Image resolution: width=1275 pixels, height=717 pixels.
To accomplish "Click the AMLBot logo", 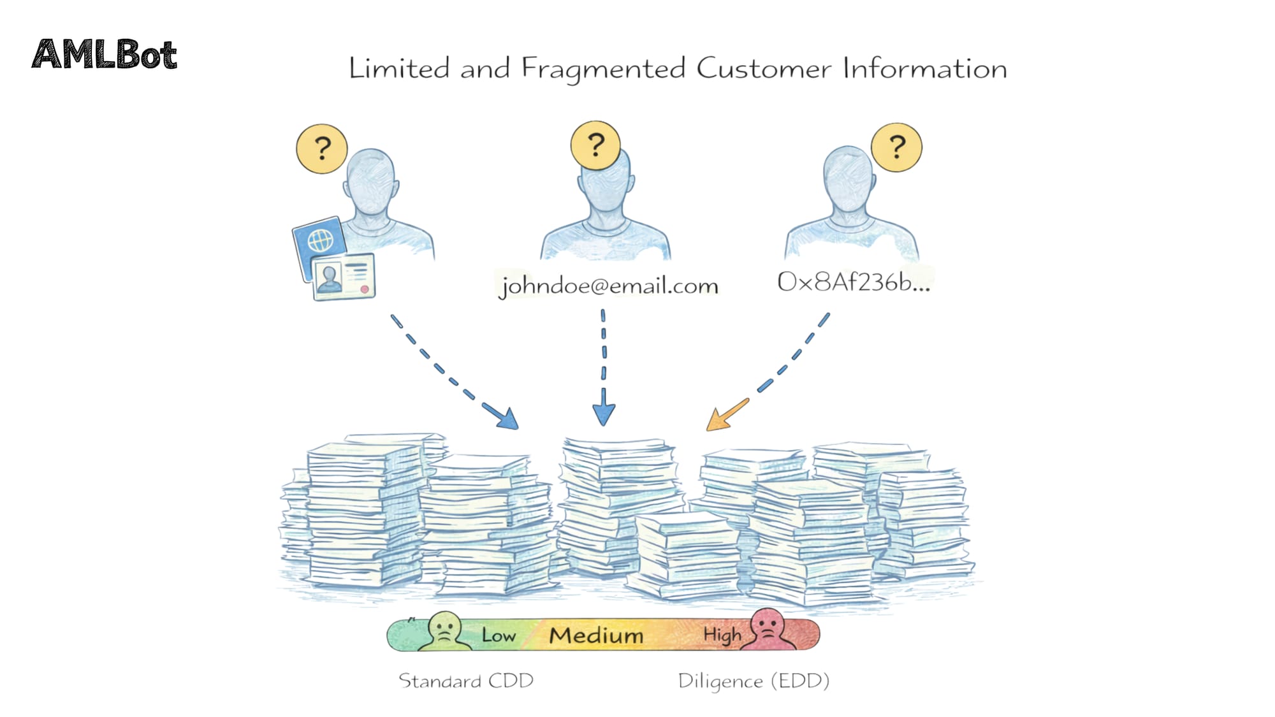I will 104,54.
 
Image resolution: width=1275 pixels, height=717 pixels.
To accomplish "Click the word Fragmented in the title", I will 603,69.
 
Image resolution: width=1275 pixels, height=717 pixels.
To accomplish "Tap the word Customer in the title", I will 763,68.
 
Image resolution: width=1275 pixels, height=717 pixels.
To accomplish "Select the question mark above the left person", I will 322,148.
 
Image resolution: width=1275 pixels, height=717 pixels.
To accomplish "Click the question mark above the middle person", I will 595,145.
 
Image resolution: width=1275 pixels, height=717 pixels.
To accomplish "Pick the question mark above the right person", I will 896,147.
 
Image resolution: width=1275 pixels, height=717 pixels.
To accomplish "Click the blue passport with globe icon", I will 319,241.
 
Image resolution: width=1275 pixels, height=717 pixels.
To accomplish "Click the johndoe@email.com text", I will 609,285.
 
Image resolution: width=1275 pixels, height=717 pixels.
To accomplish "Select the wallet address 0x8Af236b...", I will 853,282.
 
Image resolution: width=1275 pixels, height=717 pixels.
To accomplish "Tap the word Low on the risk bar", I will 498,635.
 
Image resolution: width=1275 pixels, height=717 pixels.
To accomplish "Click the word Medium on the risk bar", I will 596,635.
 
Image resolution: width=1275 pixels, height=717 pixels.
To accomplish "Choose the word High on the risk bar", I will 722,635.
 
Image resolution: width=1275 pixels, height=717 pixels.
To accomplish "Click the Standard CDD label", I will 466,681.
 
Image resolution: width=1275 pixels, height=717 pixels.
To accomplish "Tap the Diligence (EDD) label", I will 754,681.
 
